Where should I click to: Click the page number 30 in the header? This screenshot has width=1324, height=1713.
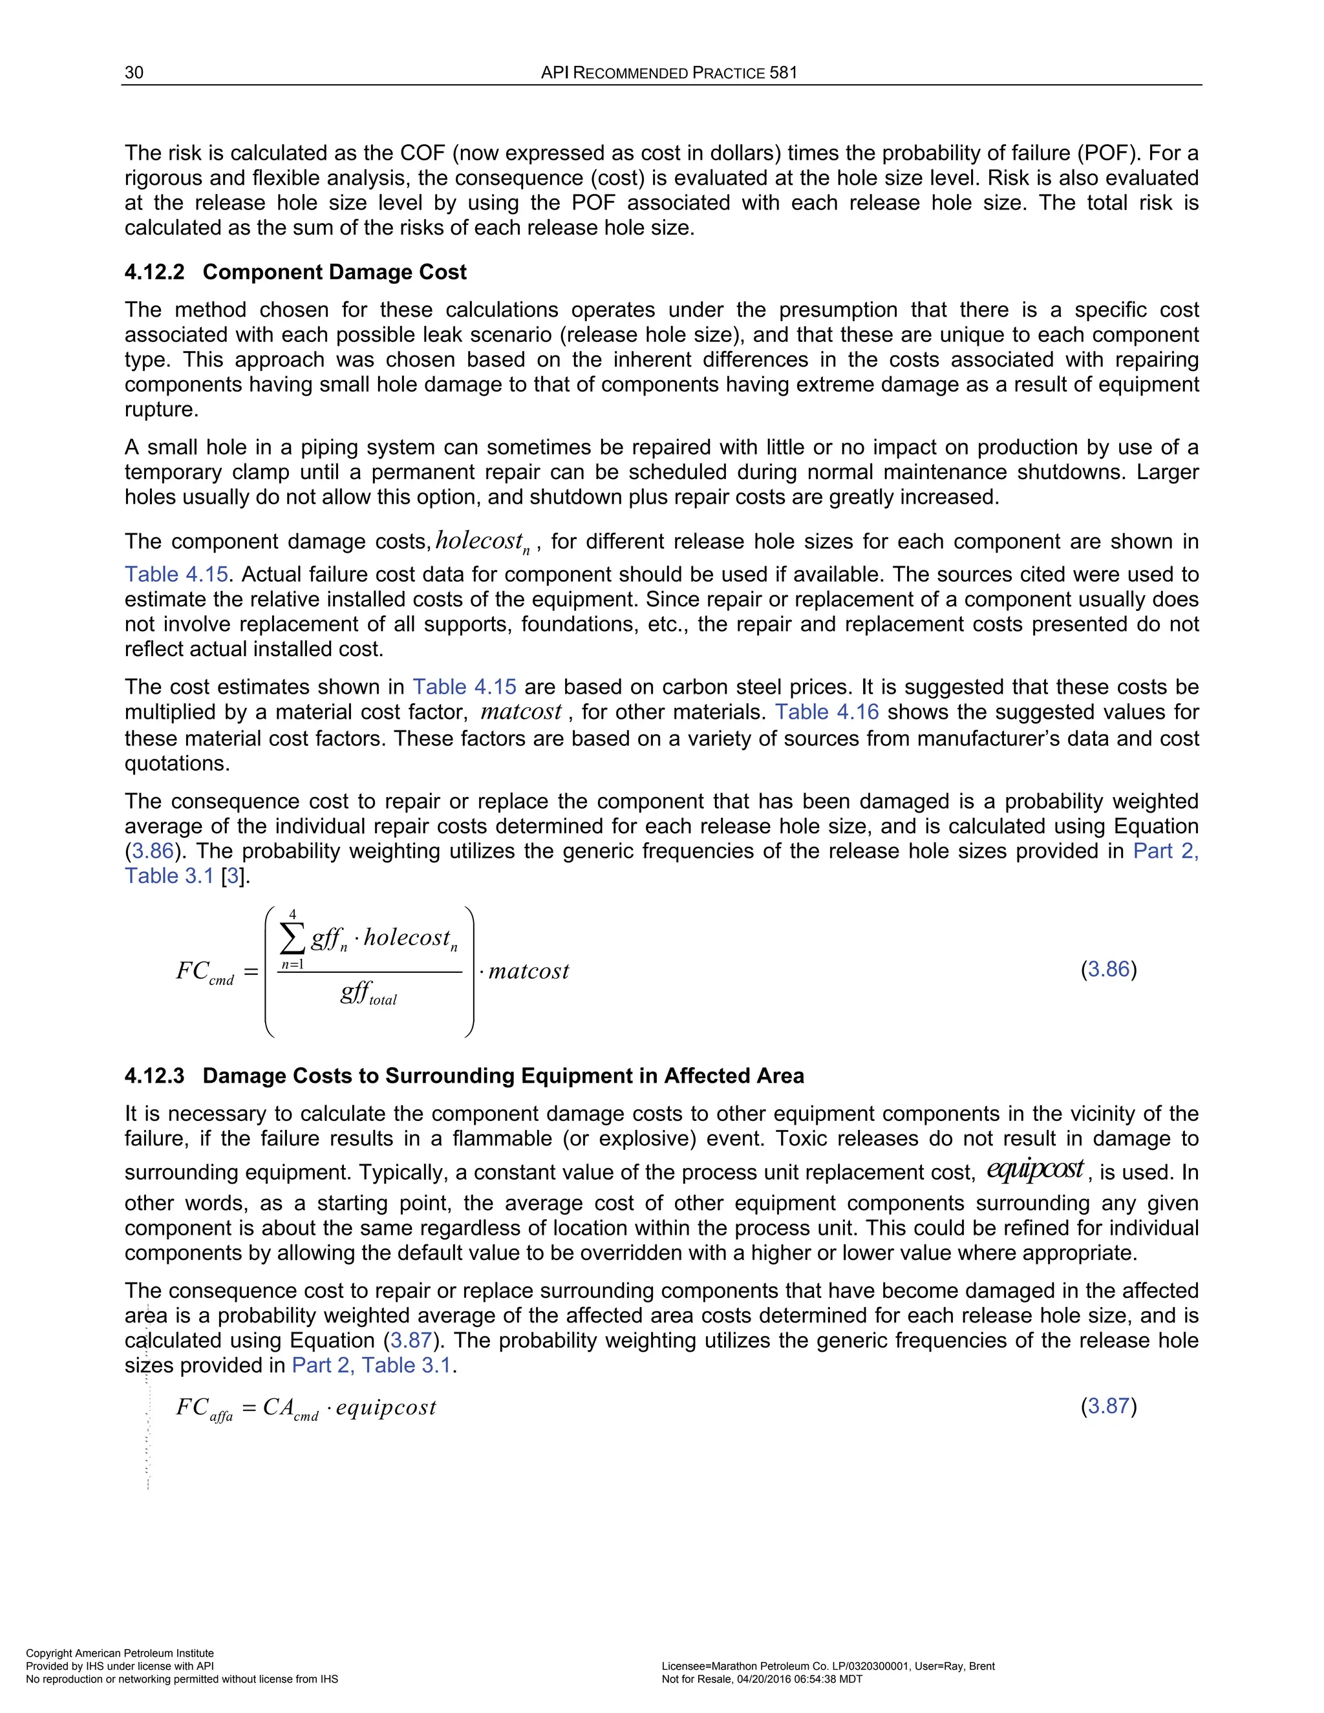134,73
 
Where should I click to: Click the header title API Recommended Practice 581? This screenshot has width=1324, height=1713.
668,73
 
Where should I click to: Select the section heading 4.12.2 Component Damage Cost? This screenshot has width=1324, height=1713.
295,272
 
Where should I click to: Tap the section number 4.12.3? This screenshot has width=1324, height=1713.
155,1076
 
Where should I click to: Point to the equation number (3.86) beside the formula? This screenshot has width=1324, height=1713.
1108,970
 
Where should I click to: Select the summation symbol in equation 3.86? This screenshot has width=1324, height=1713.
293,938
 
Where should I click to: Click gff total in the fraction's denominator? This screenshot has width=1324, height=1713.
368,994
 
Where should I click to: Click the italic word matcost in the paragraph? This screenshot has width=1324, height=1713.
521,712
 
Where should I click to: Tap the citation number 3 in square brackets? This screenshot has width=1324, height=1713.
233,876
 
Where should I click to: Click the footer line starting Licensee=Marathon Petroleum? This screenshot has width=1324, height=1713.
827,1666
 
